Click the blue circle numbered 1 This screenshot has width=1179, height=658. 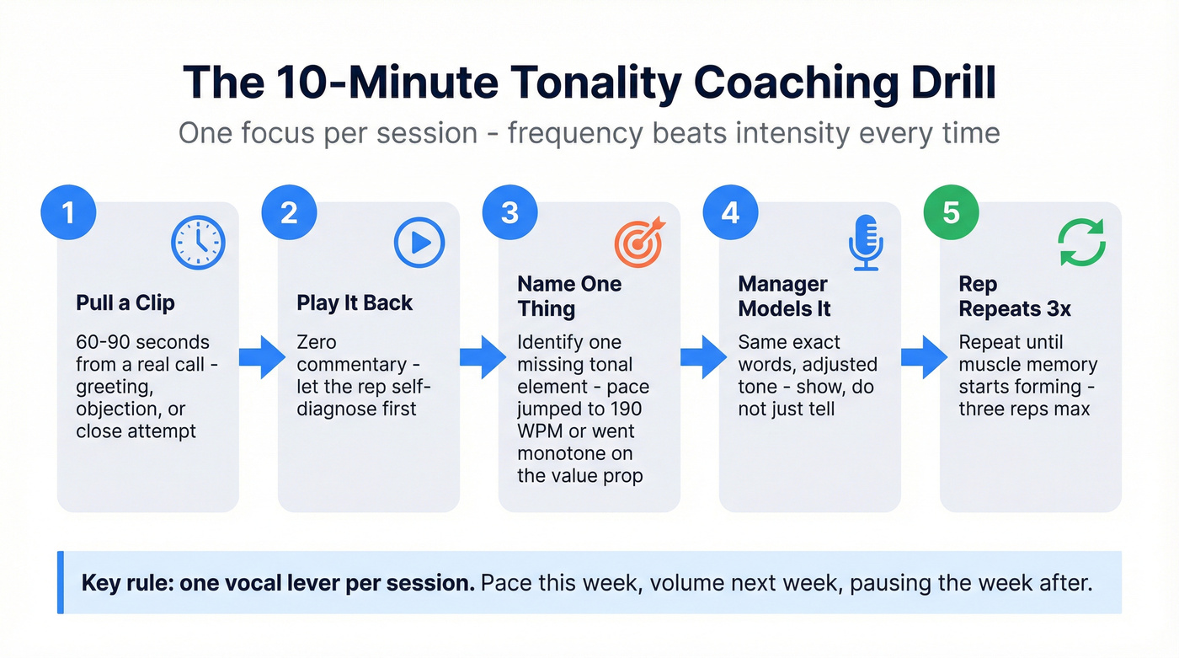[x=68, y=212]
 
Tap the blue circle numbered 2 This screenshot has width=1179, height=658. [x=289, y=212]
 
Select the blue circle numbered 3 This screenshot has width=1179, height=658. [x=509, y=212]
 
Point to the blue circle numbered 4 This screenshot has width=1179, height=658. [x=730, y=212]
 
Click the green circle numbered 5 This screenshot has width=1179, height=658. [x=951, y=212]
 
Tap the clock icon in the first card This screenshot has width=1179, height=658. [x=198, y=243]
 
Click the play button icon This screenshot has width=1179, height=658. [x=419, y=243]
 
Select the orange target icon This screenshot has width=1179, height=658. [x=639, y=243]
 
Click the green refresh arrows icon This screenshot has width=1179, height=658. [x=1081, y=243]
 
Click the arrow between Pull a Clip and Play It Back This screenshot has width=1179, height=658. [x=261, y=357]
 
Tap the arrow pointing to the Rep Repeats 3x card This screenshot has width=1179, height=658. [x=923, y=357]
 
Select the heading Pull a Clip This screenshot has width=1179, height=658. [x=125, y=303]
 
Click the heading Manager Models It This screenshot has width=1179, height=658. [x=785, y=296]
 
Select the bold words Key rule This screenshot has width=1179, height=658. [x=125, y=583]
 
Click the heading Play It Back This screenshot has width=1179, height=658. [x=355, y=303]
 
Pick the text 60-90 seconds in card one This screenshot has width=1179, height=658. [x=142, y=343]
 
